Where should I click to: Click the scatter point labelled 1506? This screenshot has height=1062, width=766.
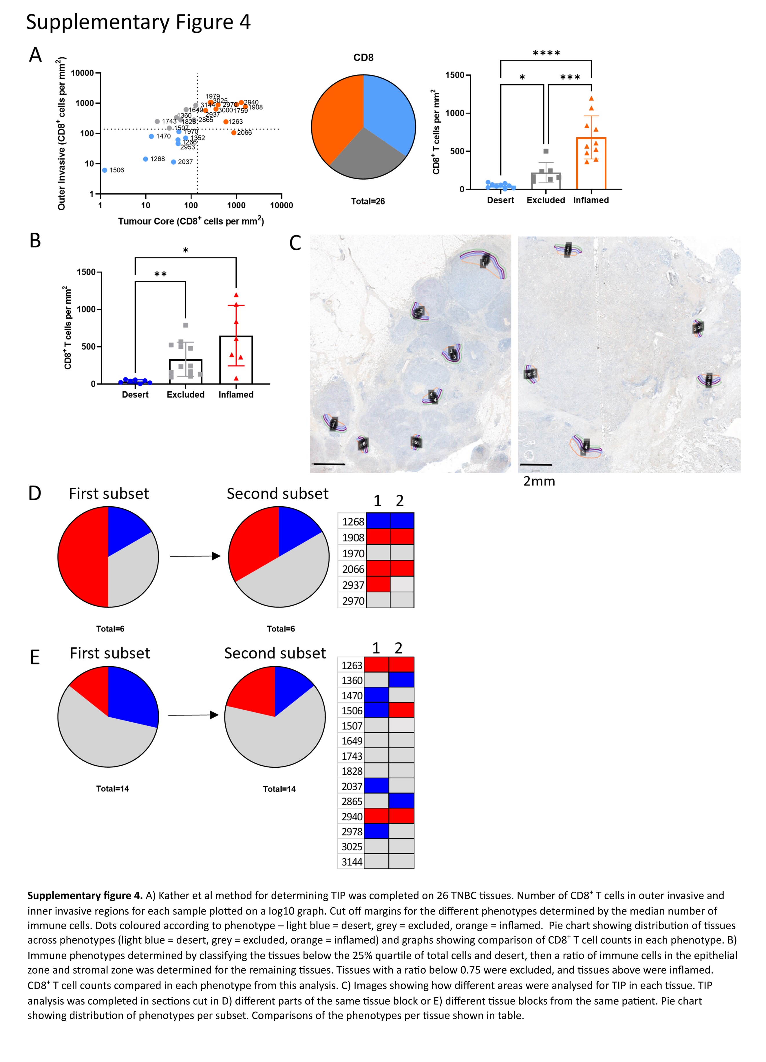105,170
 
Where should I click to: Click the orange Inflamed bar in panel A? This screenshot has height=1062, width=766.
591,164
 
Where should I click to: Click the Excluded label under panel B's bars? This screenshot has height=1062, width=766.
185,395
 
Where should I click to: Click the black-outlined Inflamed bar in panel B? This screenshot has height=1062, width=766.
236,361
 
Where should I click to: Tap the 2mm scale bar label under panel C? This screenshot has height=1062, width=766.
539,481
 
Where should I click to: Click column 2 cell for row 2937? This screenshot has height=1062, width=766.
402,584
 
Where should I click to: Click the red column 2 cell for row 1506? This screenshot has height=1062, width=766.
401,710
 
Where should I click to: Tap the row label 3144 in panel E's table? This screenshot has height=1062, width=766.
352,862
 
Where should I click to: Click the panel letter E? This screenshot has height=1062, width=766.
35,657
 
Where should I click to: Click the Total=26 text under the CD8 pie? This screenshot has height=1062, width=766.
368,201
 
